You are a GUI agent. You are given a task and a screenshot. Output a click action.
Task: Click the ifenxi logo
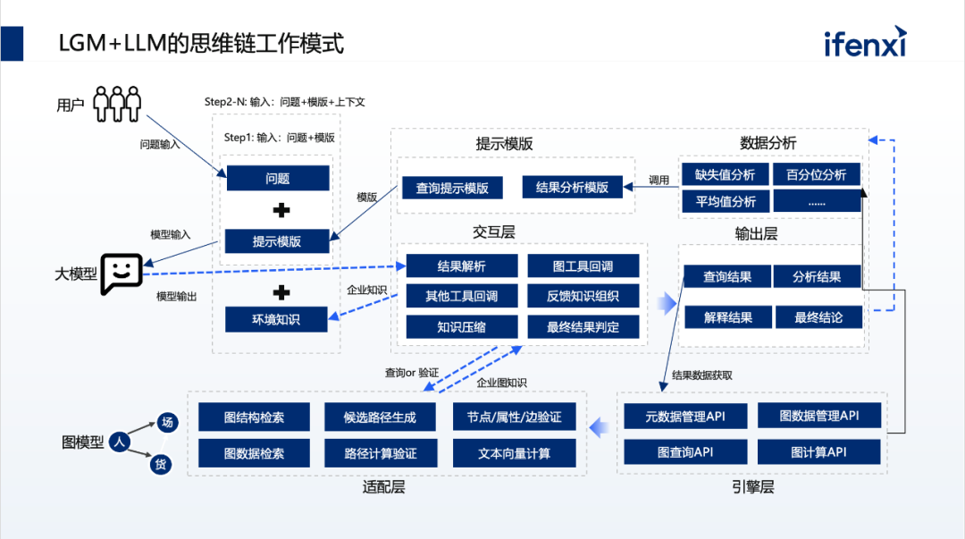865,41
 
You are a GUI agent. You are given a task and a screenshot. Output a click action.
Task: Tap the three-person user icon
117,103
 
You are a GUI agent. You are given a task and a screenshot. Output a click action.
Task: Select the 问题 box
277,178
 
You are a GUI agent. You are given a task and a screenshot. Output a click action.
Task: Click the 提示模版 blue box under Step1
277,241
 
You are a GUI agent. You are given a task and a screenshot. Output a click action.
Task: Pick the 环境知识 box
277,319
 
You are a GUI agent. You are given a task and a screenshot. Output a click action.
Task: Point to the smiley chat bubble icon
122,273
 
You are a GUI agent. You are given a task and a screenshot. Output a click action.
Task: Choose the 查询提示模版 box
452,188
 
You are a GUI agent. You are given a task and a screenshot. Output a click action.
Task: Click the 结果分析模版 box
572,188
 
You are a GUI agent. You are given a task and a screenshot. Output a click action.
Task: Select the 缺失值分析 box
726,174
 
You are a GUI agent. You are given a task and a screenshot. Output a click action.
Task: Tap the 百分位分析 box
817,174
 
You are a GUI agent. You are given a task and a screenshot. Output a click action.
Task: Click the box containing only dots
817,201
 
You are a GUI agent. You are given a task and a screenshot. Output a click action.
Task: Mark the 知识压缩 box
462,327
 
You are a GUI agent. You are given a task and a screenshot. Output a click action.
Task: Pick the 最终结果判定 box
583,327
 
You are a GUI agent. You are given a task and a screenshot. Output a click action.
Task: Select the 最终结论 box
818,316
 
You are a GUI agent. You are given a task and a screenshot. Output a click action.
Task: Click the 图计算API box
818,452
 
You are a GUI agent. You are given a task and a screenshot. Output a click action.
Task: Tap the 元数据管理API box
685,416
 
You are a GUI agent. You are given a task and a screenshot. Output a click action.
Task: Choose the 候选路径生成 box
380,417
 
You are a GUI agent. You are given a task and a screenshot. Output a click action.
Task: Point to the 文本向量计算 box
515,453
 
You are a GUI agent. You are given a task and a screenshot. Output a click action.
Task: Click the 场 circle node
167,423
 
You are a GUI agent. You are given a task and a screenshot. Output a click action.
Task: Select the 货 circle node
161,464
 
